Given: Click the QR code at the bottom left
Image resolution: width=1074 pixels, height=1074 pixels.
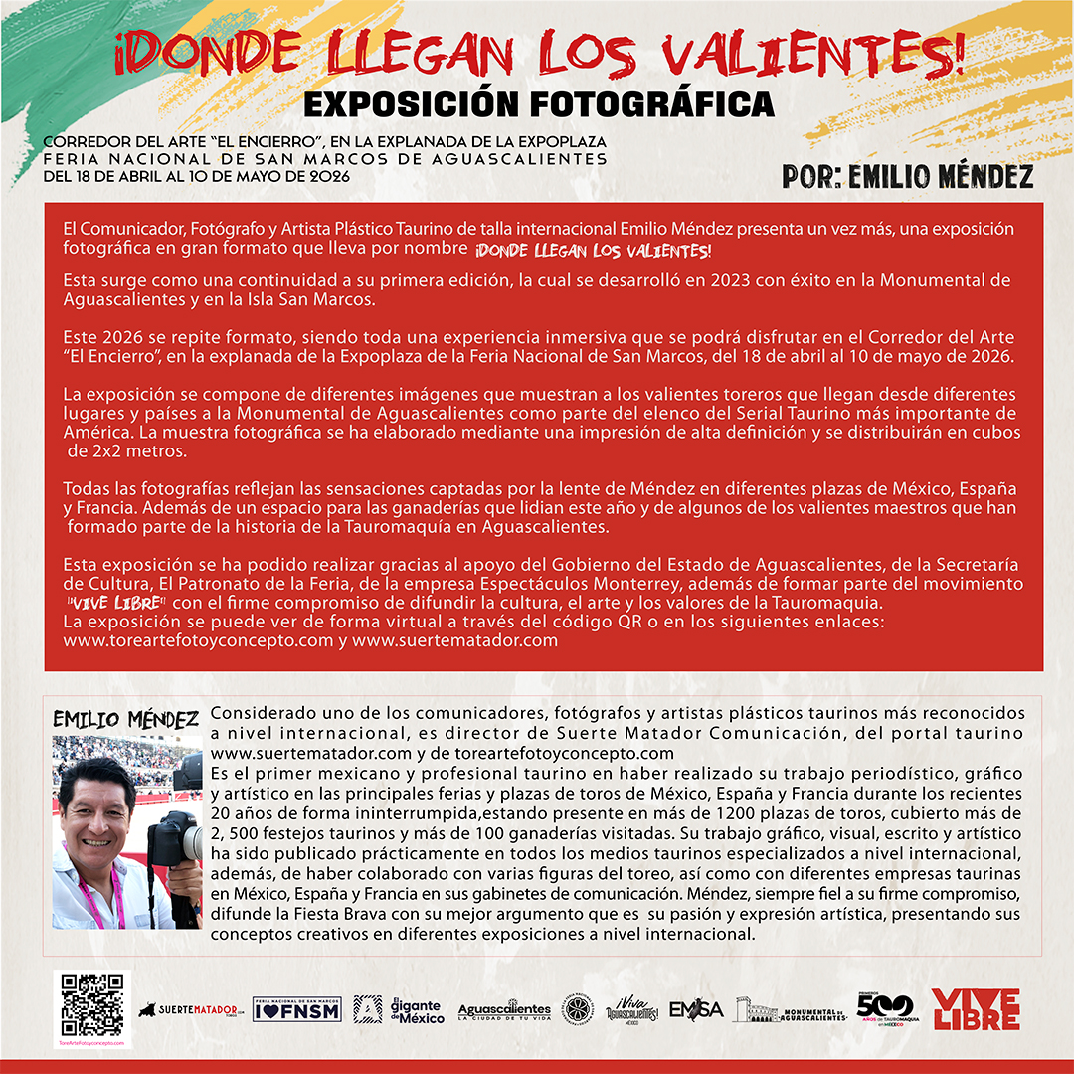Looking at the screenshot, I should coord(92,1004).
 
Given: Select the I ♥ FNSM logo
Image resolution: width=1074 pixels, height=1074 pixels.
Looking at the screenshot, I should coord(297,1010).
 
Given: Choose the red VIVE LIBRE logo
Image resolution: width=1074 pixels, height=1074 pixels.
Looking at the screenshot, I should coord(975,1009).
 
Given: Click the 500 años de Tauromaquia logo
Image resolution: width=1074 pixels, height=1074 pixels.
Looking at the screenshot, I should coord(884,1007).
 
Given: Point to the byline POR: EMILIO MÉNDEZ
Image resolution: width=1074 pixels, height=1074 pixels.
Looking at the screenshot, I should coord(907,177).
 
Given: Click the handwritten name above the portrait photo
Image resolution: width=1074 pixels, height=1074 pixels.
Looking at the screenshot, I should coord(125,720).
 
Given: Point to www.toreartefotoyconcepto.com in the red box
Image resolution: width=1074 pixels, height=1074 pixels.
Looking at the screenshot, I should coord(198,640).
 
